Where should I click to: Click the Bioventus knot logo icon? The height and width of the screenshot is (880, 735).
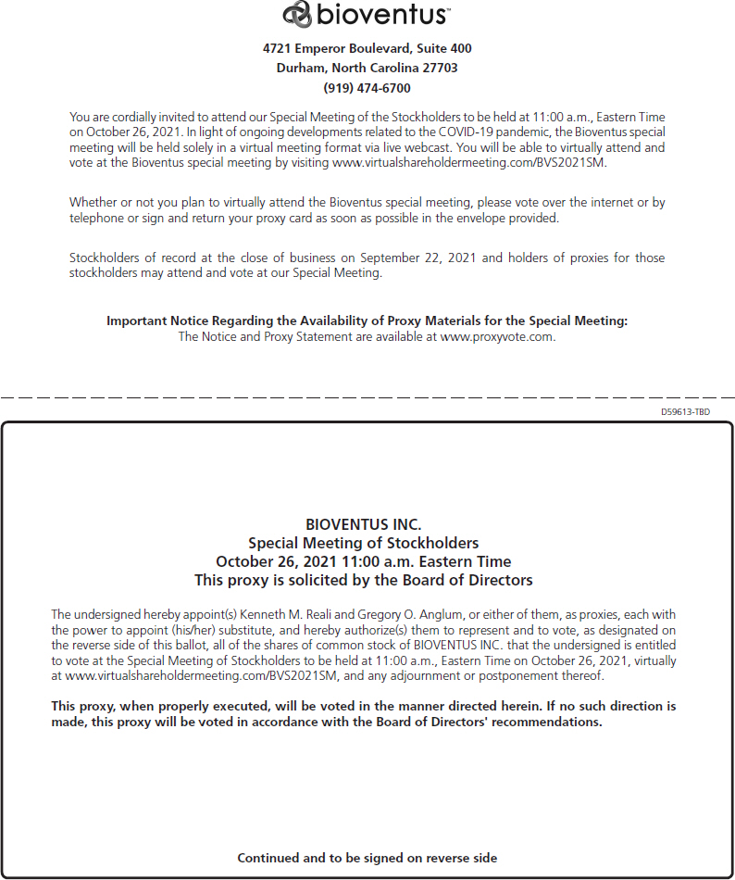(297, 14)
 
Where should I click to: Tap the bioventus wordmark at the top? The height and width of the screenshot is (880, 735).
(382, 15)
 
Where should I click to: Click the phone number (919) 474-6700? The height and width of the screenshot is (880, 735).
(367, 88)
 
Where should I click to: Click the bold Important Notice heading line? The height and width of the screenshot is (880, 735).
(367, 321)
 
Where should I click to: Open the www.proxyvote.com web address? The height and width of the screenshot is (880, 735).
(497, 337)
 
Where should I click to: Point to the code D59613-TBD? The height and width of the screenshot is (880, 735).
(685, 411)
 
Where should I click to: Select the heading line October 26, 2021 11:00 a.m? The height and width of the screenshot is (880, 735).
(363, 561)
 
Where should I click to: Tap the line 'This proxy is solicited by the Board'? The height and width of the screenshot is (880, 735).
(363, 580)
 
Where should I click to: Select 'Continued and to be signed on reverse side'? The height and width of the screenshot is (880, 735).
(367, 858)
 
